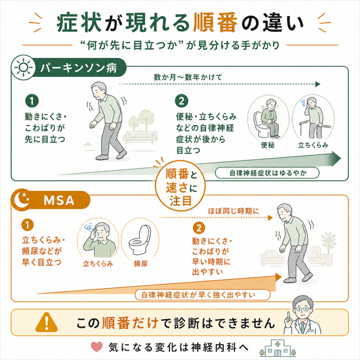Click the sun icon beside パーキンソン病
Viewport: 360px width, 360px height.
click(23, 67)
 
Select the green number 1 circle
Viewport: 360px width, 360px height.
click(32, 101)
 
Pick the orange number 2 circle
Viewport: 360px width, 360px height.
click(199, 228)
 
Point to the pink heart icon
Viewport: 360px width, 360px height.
click(97, 347)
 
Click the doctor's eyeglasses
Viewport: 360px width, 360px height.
click(303, 309)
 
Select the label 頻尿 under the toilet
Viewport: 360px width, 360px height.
click(141, 264)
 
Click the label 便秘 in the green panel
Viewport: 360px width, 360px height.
click(268, 145)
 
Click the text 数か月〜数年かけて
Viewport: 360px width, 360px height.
click(188, 77)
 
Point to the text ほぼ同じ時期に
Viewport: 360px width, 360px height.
click(233, 211)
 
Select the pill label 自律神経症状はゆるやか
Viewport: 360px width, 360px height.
click(267, 173)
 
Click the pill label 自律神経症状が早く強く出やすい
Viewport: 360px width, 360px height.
click(202, 295)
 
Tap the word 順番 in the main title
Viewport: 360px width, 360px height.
click(215, 23)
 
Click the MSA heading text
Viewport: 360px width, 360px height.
click(59, 200)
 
